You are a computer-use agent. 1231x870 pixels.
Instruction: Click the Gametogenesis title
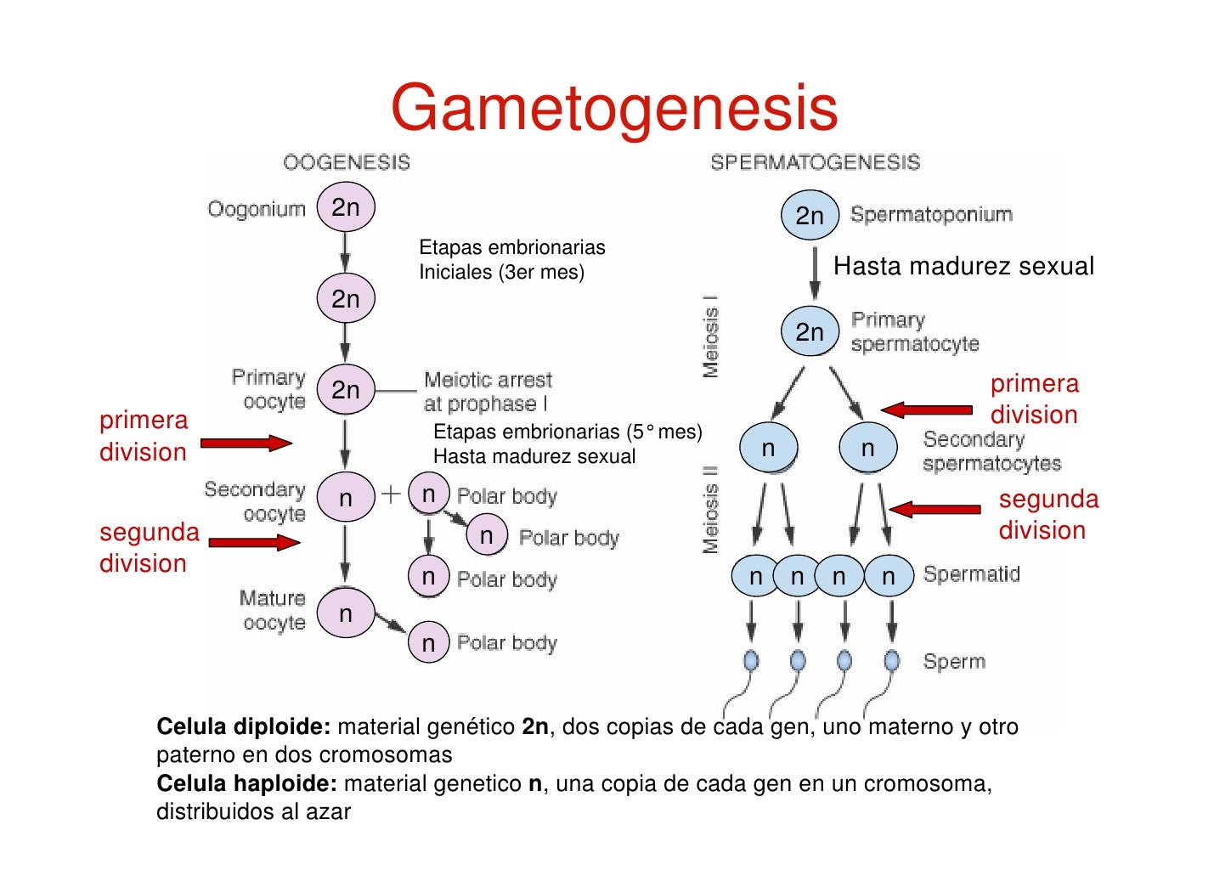[614, 108]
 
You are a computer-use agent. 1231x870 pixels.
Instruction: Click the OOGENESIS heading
[347, 162]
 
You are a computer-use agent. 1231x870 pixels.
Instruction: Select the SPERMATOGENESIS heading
[815, 162]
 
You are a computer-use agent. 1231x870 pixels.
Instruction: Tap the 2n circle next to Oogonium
[346, 207]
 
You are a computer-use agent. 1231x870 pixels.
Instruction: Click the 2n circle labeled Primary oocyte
[346, 390]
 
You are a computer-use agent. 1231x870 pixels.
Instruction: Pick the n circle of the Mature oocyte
[346, 613]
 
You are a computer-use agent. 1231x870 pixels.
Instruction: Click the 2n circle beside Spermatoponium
[810, 216]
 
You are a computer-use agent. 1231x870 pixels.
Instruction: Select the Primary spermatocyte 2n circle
[810, 331]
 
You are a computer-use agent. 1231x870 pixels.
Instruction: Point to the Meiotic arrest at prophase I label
[488, 392]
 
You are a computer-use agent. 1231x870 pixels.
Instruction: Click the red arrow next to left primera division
[246, 443]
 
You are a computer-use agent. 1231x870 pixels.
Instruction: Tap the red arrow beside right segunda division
[935, 510]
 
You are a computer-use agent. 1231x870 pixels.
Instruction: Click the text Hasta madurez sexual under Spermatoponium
[963, 267]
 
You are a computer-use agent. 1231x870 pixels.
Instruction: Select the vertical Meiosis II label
[711, 510]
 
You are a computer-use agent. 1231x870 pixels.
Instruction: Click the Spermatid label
[971, 574]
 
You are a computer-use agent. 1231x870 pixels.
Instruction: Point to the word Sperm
[954, 662]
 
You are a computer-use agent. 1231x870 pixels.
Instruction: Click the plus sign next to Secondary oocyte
[391, 494]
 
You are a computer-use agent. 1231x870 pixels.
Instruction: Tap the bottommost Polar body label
[506, 643]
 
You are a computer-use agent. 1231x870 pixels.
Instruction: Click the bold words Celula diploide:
[243, 727]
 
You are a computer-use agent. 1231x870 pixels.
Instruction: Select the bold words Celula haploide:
[246, 783]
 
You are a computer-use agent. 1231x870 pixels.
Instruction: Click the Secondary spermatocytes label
[991, 452]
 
